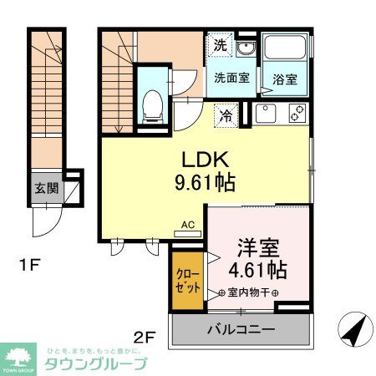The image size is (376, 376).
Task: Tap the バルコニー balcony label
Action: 241,330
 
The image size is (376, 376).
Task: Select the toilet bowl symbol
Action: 153,104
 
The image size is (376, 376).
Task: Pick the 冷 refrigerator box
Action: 226,116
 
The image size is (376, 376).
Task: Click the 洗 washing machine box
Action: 219,46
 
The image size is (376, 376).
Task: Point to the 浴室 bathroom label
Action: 284,81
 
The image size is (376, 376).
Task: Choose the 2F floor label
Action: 145,338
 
